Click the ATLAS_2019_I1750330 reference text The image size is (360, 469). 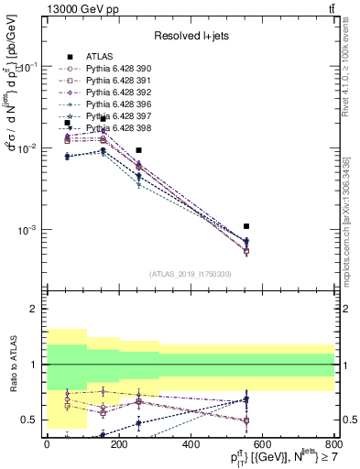pyautogui.click(x=191, y=274)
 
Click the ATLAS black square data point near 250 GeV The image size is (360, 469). pyautogui.click(x=138, y=150)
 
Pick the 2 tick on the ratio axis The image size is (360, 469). pyautogui.click(x=38, y=310)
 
